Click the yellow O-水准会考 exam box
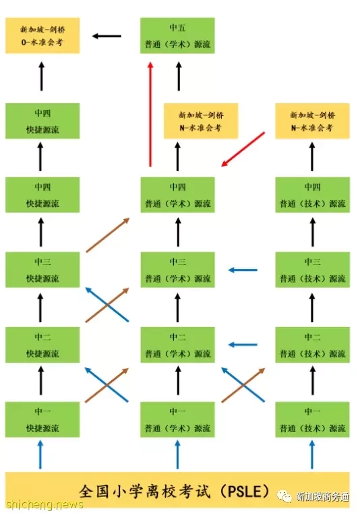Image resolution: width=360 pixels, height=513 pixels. [x=42, y=35]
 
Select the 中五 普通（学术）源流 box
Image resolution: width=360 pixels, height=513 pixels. [x=177, y=35]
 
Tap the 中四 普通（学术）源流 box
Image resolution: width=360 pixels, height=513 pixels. [x=178, y=195]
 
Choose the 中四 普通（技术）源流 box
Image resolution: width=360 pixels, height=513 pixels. [x=313, y=195]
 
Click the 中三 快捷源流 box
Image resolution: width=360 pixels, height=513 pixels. [x=42, y=270]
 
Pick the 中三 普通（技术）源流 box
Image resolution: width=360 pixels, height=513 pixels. [x=313, y=270]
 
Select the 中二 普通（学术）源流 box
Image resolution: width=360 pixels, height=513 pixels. [x=178, y=344]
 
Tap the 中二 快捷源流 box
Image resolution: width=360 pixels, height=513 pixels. [x=42, y=344]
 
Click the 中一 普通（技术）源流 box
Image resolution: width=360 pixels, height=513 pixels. [x=313, y=419]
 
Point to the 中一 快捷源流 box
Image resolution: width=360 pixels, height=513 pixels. [x=42, y=419]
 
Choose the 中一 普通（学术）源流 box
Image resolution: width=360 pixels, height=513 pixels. [x=178, y=419]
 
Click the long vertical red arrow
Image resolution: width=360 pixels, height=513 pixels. [x=150, y=114]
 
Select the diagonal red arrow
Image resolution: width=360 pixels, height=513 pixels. [x=243, y=149]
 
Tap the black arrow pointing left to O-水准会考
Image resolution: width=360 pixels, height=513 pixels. [x=107, y=36]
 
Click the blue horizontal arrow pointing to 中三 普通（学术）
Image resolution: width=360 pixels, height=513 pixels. [x=243, y=270]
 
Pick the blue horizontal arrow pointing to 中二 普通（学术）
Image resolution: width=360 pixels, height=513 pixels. [x=243, y=344]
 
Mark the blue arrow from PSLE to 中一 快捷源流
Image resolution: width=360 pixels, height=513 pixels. [x=40, y=454]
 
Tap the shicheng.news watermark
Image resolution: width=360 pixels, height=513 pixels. [x=44, y=504]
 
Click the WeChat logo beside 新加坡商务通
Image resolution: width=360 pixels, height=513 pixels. [x=284, y=496]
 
